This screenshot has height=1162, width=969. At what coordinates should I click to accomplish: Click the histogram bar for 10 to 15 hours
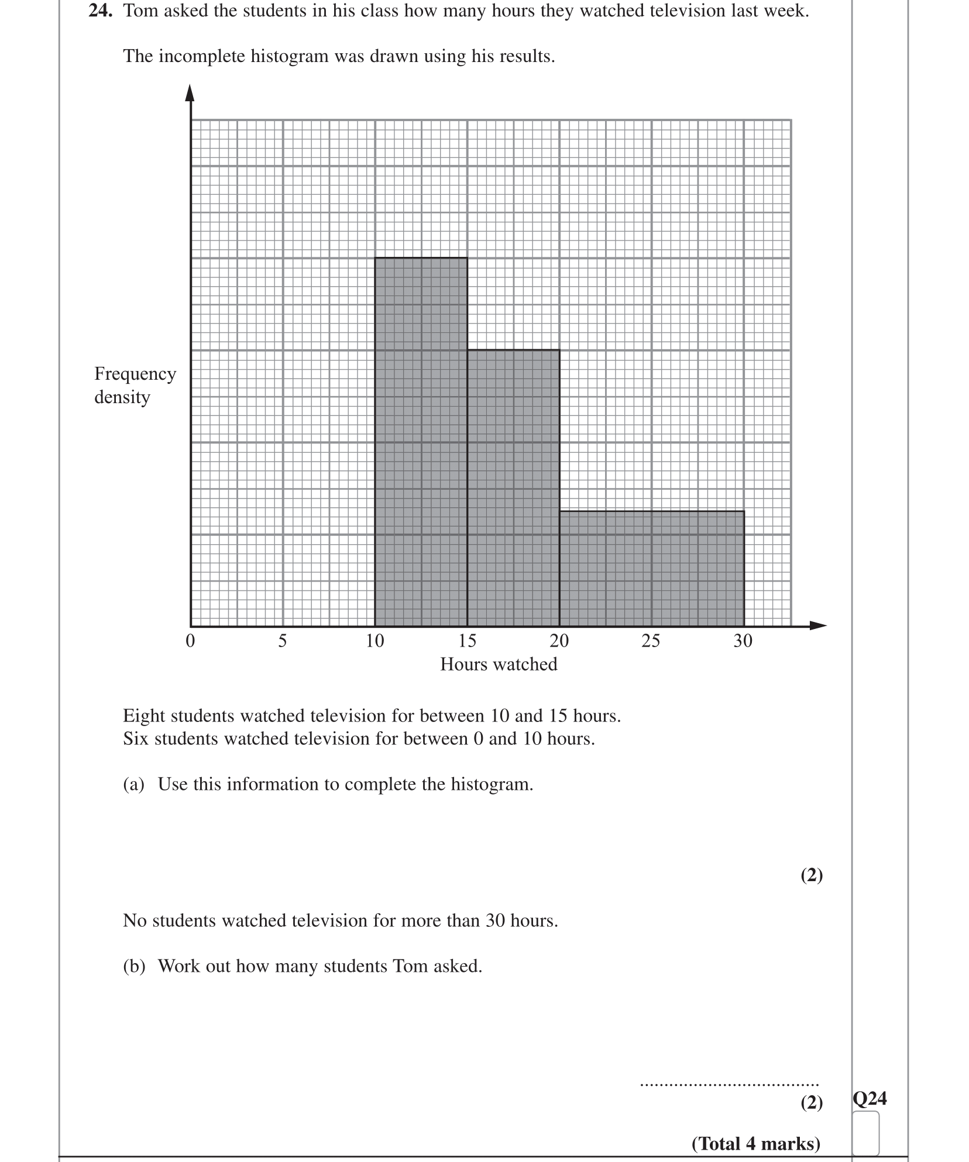pos(421,442)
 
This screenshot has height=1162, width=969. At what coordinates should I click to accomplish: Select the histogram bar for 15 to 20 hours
pos(513,488)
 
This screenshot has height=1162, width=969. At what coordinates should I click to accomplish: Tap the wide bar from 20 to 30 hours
pos(652,568)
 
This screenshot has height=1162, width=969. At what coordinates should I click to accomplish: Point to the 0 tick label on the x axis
pos(190,641)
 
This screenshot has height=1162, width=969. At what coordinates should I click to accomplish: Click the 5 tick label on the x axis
pos(283,641)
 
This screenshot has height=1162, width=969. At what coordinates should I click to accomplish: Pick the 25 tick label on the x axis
pos(651,641)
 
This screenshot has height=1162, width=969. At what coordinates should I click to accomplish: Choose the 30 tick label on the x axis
pos(743,641)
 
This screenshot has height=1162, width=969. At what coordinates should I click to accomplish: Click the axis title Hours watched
pos(499,664)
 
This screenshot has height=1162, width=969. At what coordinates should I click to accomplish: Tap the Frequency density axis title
pos(135,385)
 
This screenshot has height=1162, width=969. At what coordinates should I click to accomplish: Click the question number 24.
pos(100,11)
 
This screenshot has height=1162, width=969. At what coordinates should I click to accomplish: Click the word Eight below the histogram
pos(144,716)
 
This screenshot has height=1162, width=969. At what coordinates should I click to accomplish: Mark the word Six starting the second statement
pos(136,739)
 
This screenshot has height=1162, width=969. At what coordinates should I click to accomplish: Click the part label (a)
pos(133,785)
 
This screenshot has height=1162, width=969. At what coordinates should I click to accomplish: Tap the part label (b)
pos(134,966)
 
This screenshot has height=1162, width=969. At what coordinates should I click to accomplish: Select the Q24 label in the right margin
pos(870,1099)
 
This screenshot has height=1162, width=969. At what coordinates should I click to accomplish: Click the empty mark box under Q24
pos(866,1132)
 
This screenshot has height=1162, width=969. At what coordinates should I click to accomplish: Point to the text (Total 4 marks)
pos(755,1144)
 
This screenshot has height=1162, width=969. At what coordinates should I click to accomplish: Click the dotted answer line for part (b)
pos(729,1085)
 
